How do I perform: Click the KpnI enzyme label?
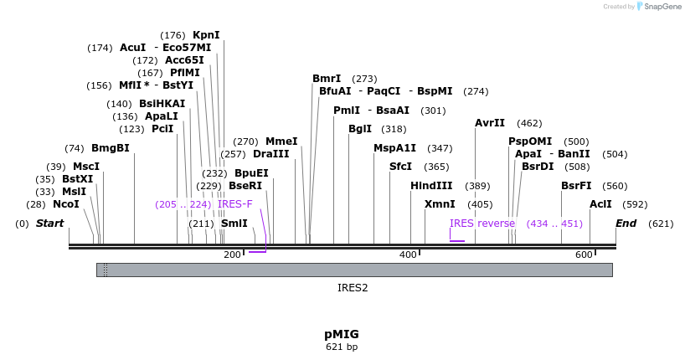[206, 35]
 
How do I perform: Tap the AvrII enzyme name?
[490, 123]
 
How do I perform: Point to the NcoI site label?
[66, 204]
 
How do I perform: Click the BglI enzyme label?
[360, 129]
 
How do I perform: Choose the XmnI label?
[440, 204]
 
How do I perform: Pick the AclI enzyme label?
[600, 204]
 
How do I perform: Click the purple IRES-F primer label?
[234, 204]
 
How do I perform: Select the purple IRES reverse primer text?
[482, 224]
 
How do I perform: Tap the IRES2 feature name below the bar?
[353, 287]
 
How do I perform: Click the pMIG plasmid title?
[342, 333]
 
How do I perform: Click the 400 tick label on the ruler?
[408, 255]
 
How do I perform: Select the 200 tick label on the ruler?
[232, 255]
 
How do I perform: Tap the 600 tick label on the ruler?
[584, 255]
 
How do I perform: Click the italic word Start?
[50, 224]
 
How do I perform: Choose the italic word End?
[626, 224]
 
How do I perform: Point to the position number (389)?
[477, 186]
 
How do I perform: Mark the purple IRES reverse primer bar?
[457, 241]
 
